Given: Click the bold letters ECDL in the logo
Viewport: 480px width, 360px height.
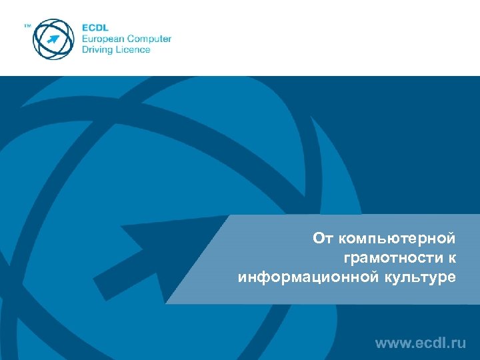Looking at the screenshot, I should tap(95, 27).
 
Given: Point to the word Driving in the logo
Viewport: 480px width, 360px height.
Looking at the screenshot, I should tap(97, 49).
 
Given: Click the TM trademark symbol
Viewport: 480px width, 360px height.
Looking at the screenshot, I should tap(27, 26).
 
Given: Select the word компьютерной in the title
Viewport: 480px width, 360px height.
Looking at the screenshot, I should tap(398, 238).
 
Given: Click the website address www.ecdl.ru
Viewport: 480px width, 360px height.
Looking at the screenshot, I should tap(420, 343).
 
